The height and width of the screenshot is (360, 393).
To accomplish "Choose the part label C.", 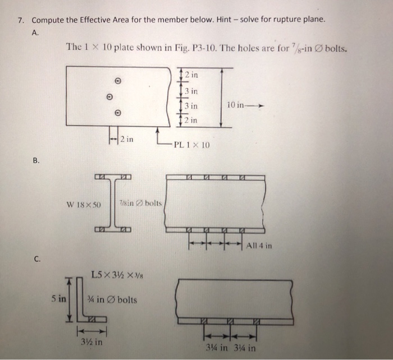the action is pyautogui.click(x=36, y=259).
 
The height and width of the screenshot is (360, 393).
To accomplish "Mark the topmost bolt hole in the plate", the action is pyautogui.click(x=117, y=80).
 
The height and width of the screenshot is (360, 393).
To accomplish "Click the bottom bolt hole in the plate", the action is pyautogui.click(x=117, y=112).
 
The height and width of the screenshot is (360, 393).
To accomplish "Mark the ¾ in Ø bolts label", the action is pyautogui.click(x=109, y=299).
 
